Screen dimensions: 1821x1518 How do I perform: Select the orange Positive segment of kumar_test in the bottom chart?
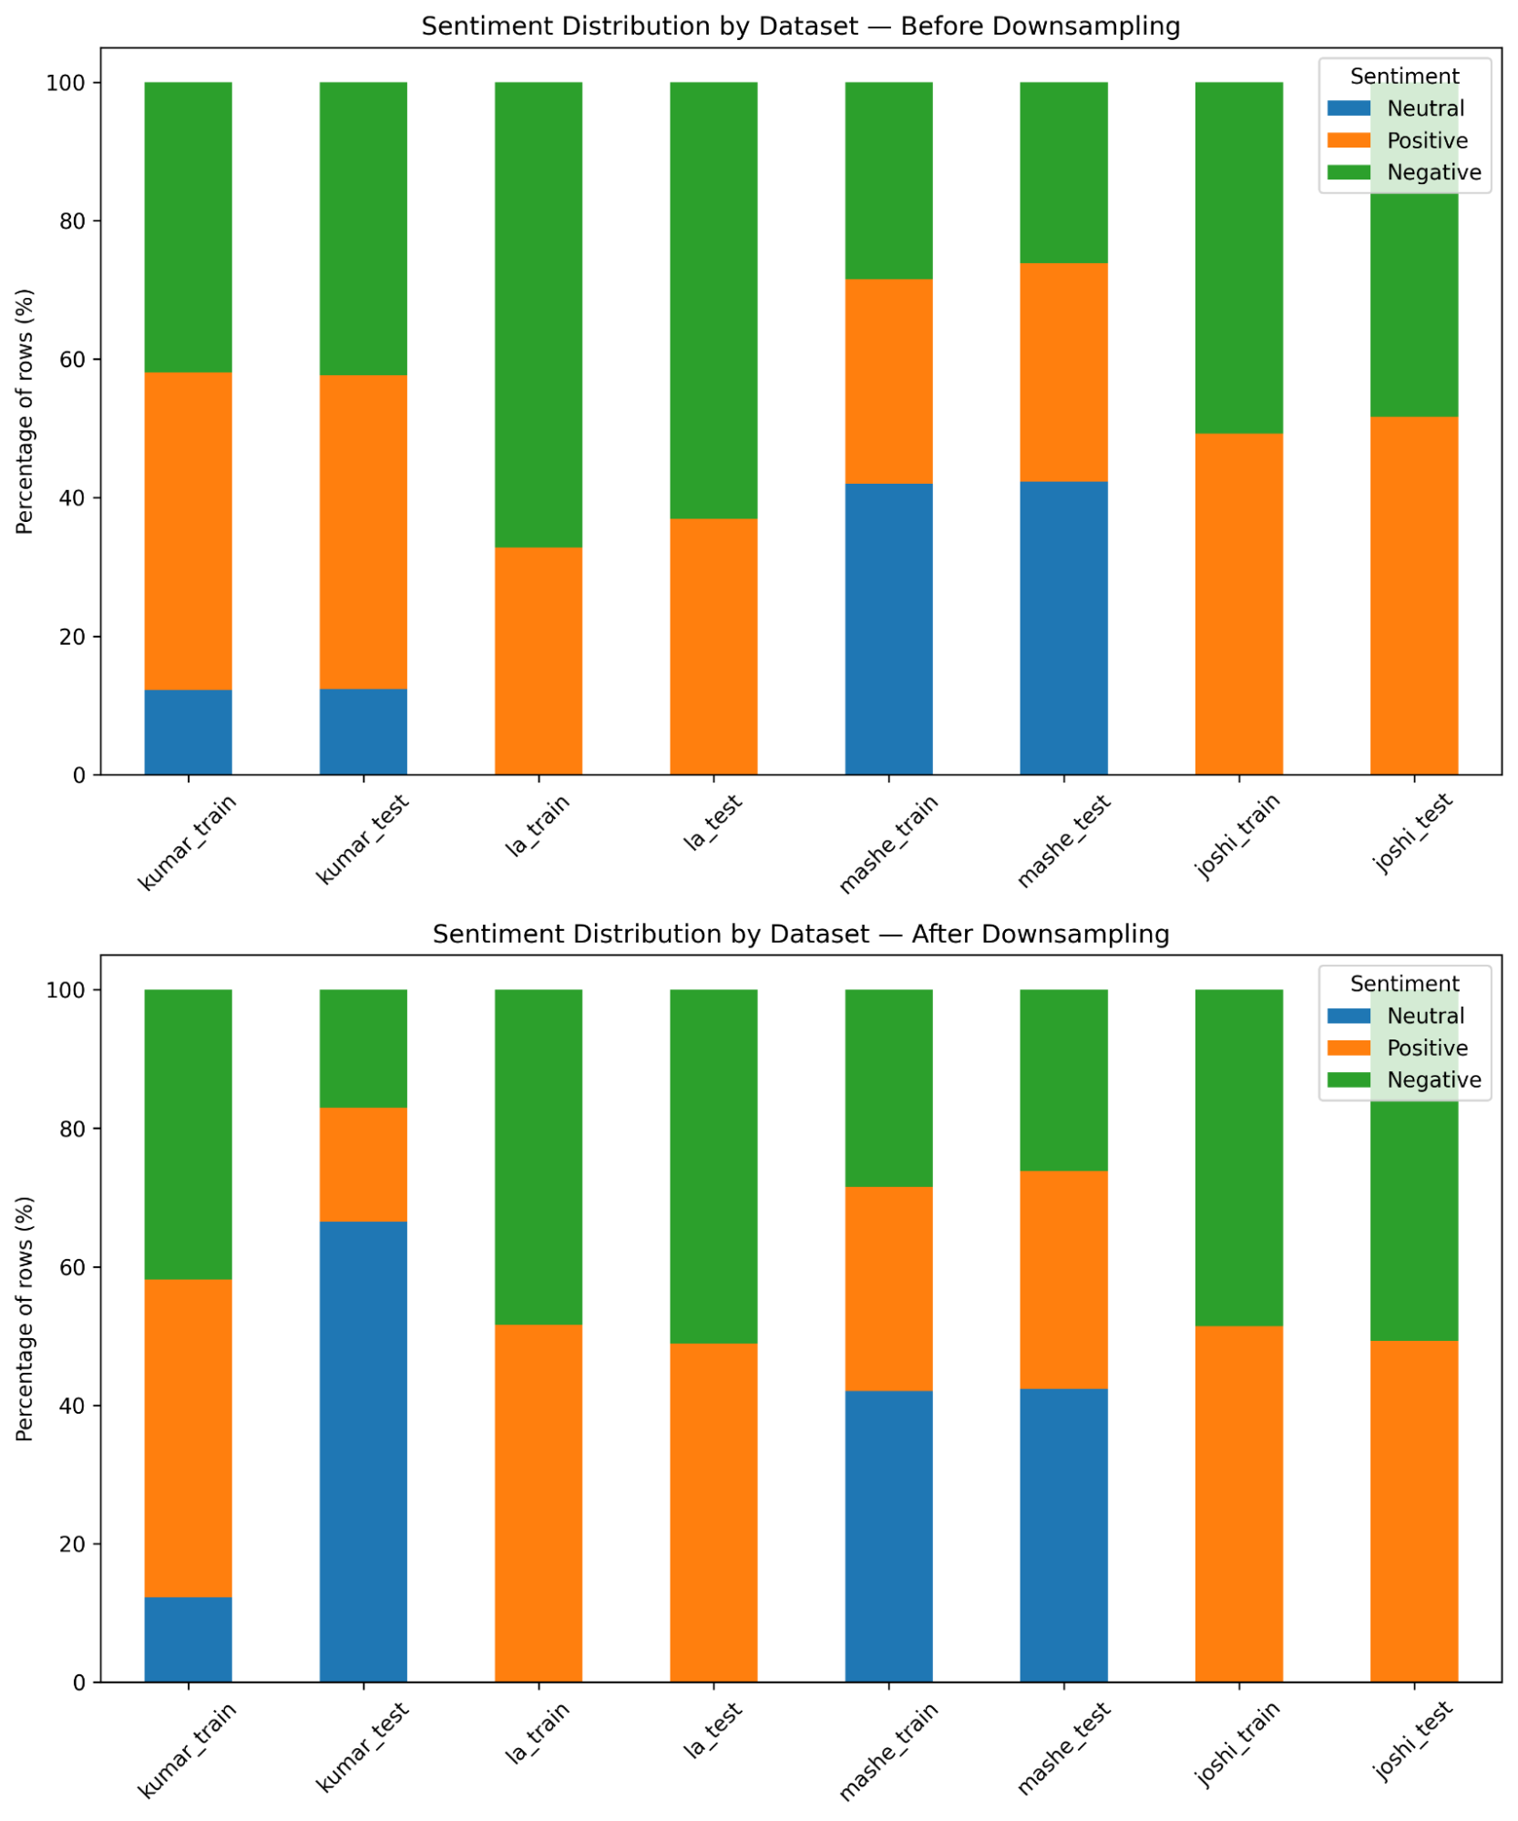363,1164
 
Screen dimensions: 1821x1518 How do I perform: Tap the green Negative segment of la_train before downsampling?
538,314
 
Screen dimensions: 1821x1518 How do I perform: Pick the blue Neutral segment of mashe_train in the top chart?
888,629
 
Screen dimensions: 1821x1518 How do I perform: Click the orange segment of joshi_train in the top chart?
1238,604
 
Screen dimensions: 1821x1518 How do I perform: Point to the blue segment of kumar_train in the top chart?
188,732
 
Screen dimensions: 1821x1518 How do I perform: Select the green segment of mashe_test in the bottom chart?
1063,1079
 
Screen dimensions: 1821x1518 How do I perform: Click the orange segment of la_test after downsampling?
713,1512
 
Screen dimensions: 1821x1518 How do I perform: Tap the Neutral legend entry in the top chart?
1425,108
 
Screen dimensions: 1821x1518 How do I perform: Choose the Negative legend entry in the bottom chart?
1433,1079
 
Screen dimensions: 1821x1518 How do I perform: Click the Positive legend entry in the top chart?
1427,140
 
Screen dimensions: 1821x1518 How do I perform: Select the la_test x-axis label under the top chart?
713,823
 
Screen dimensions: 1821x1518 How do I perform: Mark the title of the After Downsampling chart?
800,934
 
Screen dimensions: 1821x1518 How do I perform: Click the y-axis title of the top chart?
25,411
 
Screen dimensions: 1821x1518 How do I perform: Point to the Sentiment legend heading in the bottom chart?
1404,984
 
